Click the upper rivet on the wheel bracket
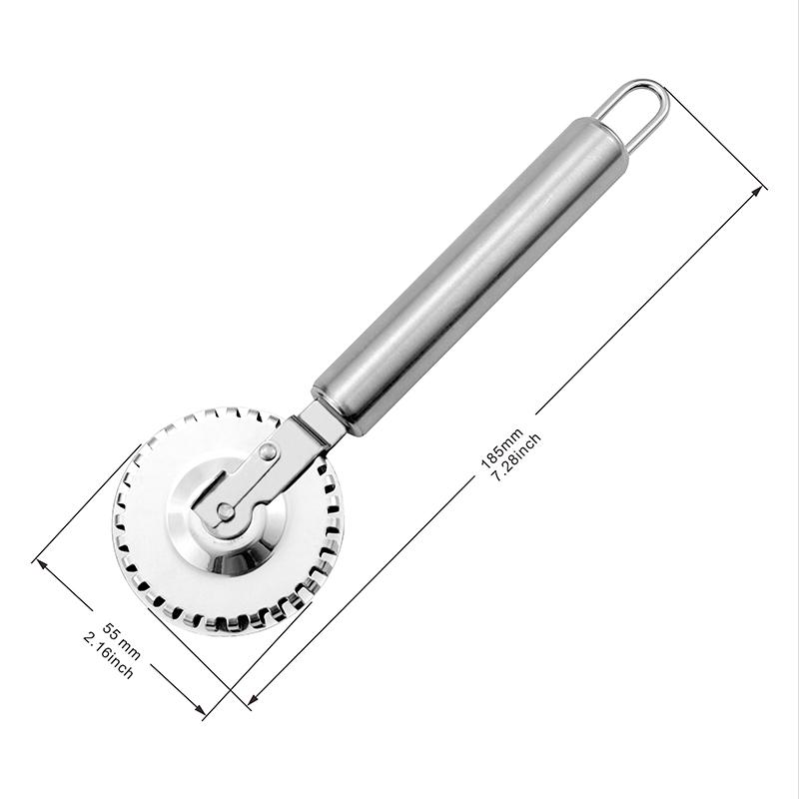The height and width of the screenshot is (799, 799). coord(268,452)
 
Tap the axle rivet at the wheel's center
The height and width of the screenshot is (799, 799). coord(226,511)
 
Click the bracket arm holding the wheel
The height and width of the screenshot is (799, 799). coord(250,479)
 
